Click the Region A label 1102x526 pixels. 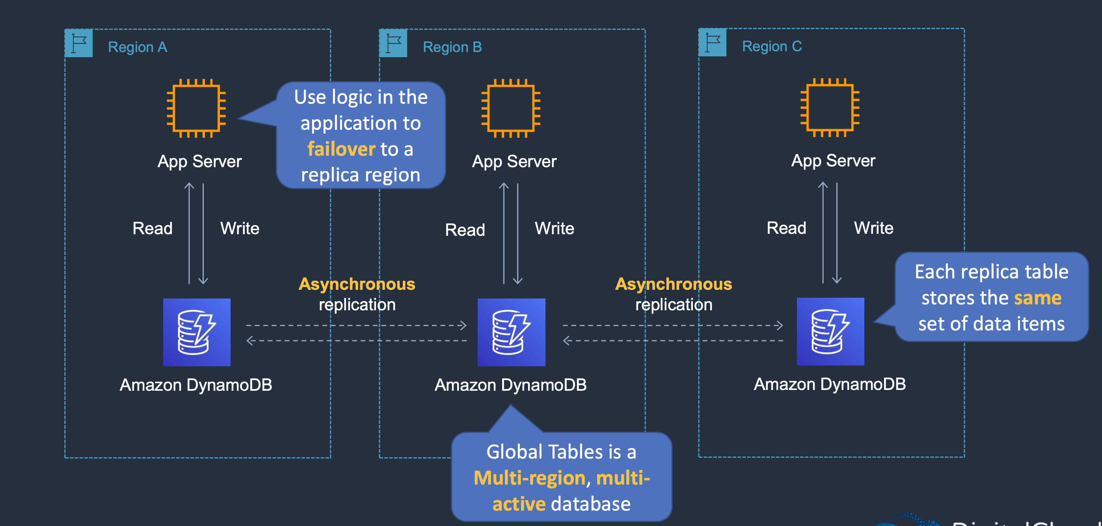pyautogui.click(x=137, y=47)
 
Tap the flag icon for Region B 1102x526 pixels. pyautogui.click(x=393, y=43)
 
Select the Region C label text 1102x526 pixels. pyautogui.click(x=772, y=46)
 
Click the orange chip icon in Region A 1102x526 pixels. pyautogui.click(x=196, y=108)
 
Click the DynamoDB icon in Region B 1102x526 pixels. pyautogui.click(x=511, y=332)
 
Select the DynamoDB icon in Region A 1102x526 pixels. pyautogui.click(x=197, y=332)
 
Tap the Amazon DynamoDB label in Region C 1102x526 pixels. pyautogui.click(x=830, y=384)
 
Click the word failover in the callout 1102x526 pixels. pyautogui.click(x=341, y=149)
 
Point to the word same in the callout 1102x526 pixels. pyautogui.click(x=1037, y=298)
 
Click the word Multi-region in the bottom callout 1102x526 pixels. pyautogui.click(x=529, y=478)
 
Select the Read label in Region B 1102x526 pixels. pyautogui.click(x=465, y=230)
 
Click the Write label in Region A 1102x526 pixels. pyautogui.click(x=240, y=229)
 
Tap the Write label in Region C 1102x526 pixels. pyautogui.click(x=873, y=228)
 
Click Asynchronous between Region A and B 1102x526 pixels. pyautogui.click(x=357, y=284)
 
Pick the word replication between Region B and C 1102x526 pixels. pyautogui.click(x=674, y=305)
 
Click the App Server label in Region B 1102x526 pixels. pyautogui.click(x=514, y=162)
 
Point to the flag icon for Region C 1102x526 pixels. pyautogui.click(x=712, y=42)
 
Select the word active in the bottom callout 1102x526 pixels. pyautogui.click(x=519, y=504)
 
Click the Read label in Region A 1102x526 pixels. pyautogui.click(x=152, y=229)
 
